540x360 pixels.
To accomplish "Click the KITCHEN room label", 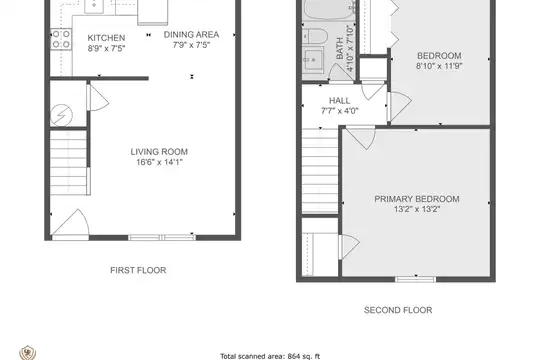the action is pyautogui.click(x=106, y=38).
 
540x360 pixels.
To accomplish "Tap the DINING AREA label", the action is pyautogui.click(x=191, y=35).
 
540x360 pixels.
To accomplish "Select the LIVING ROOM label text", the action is pyautogui.click(x=159, y=152).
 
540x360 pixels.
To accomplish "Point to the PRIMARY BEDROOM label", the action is pyautogui.click(x=417, y=199).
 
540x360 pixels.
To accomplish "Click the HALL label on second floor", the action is pyautogui.click(x=340, y=101).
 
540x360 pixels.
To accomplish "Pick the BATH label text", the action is pyautogui.click(x=340, y=48).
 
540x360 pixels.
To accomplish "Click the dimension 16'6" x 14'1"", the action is pyautogui.click(x=159, y=162).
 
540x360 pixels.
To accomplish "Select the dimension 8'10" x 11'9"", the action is pyautogui.click(x=439, y=66).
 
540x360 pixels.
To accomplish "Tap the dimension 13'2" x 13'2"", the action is pyautogui.click(x=417, y=209).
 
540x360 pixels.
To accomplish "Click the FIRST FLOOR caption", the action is pyautogui.click(x=138, y=270).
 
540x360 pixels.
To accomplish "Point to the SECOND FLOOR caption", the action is pyautogui.click(x=398, y=310).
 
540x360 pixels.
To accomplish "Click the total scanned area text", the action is pyautogui.click(x=270, y=356).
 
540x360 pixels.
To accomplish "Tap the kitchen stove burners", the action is pyautogui.click(x=61, y=39).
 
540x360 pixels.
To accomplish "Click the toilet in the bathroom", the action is pyautogui.click(x=313, y=36).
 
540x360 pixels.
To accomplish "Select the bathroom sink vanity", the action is pyautogui.click(x=313, y=59).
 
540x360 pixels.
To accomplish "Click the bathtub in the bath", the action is pyautogui.click(x=329, y=10).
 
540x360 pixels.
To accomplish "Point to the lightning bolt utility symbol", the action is pyautogui.click(x=62, y=115).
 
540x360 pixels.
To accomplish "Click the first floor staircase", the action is pyautogui.click(x=69, y=163).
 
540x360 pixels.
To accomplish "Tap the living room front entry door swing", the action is pyautogui.click(x=70, y=224).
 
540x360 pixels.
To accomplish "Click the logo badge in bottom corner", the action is pyautogui.click(x=28, y=353).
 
